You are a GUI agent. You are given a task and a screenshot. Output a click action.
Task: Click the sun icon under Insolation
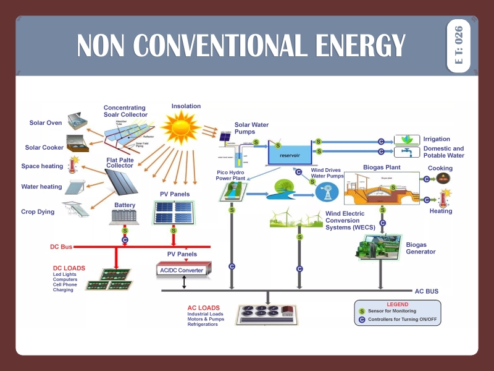tap(182, 127)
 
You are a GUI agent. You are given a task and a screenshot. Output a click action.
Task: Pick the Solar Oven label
tap(46, 122)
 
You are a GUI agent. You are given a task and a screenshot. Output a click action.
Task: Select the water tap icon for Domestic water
tap(406, 151)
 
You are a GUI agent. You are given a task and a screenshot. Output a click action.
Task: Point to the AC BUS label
tap(426, 290)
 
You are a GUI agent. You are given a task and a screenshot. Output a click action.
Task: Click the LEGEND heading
tap(397, 304)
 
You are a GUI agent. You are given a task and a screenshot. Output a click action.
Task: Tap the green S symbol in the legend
tap(362, 311)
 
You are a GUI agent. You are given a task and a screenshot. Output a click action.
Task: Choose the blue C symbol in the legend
tap(362, 320)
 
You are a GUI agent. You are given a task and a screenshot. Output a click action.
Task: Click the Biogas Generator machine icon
tap(378, 245)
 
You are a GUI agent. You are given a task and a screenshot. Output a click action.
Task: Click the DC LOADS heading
tap(69, 268)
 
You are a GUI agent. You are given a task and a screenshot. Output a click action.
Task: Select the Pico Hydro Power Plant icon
tap(231, 191)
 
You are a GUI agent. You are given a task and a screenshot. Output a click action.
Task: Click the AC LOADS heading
tap(203, 307)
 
